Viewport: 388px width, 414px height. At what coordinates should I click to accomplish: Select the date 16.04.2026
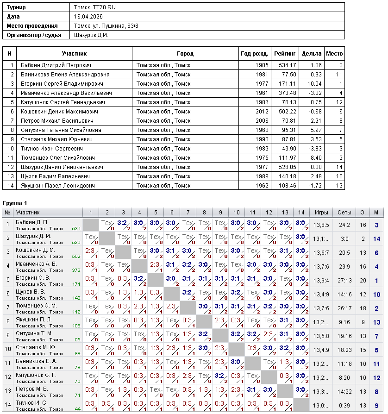tap(88, 17)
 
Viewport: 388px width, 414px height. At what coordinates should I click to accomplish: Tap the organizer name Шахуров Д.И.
tap(91, 35)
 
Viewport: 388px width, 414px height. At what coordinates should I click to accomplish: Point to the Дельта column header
tap(312, 54)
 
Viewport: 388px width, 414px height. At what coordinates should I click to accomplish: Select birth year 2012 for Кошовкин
tap(262, 112)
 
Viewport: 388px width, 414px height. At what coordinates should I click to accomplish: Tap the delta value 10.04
tap(314, 84)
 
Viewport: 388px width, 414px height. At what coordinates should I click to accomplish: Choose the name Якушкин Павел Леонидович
tap(58, 186)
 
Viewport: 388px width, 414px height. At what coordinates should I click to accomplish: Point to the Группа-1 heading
tap(15, 204)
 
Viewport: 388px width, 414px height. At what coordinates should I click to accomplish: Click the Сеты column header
tap(344, 212)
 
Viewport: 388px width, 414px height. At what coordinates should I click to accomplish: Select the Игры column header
tap(321, 212)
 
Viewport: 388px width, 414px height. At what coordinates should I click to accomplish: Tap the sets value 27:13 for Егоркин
tap(344, 281)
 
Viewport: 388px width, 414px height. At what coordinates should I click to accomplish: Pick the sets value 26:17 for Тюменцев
tap(344, 308)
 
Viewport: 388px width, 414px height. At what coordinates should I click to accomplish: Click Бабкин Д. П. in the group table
tap(32, 222)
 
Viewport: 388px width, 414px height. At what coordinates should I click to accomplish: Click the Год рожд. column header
tap(254, 54)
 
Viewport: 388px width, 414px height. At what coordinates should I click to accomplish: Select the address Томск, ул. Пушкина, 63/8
tap(106, 26)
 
